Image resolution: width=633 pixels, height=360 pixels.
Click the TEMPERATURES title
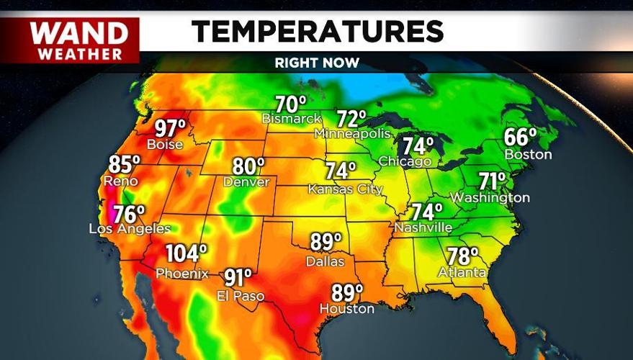point(317,31)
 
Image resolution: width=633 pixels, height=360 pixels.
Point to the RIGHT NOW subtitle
point(317,63)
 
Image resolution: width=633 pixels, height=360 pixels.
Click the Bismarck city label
point(291,118)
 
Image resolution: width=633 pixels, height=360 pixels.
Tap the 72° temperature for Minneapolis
point(352,117)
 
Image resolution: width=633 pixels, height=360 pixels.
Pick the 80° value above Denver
point(248,166)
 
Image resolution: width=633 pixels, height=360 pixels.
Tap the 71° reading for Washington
point(493,181)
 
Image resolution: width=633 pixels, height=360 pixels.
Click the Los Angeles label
point(130,229)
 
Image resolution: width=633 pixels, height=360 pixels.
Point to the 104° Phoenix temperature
point(186,254)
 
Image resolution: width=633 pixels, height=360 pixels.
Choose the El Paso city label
point(241,296)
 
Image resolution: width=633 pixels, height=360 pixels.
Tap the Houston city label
point(348,309)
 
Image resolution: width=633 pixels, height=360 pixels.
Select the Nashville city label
point(423,228)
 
